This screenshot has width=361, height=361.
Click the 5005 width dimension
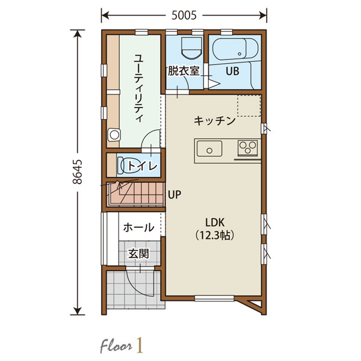click(x=184, y=16)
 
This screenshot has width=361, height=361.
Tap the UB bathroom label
click(x=232, y=71)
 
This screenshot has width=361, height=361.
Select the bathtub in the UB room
click(x=235, y=49)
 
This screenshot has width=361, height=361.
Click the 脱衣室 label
click(x=184, y=70)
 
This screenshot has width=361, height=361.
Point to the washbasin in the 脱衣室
click(x=191, y=48)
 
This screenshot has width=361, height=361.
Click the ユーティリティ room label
click(x=138, y=88)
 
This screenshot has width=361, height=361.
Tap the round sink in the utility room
click(x=114, y=135)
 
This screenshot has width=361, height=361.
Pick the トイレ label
click(x=143, y=166)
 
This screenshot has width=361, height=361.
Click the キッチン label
click(x=215, y=121)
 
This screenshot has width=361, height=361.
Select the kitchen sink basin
click(x=209, y=149)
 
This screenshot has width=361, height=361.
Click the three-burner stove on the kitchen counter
click(x=248, y=147)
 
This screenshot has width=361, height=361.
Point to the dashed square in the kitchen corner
click(x=249, y=105)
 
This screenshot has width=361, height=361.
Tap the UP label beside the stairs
click(x=174, y=194)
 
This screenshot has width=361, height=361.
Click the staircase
click(x=136, y=194)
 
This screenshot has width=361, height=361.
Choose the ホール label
click(x=138, y=227)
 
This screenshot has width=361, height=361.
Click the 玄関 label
click(x=138, y=254)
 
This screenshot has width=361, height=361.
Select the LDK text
click(x=215, y=223)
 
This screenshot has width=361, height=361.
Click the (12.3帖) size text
click(x=215, y=235)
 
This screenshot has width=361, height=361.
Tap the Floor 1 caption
click(x=122, y=345)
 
